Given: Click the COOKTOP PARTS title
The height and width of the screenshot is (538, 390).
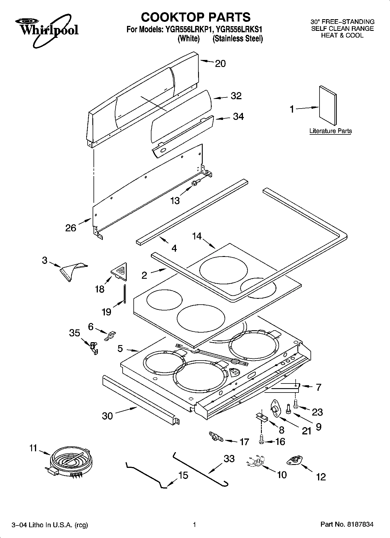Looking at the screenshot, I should click(196, 17).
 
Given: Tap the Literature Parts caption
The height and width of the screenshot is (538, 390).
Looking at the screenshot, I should click(330, 131).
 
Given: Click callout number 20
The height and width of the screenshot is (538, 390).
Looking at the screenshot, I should click(220, 63).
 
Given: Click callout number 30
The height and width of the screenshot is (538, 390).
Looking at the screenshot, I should click(107, 416).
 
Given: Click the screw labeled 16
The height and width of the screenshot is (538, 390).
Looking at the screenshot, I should click(261, 441).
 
